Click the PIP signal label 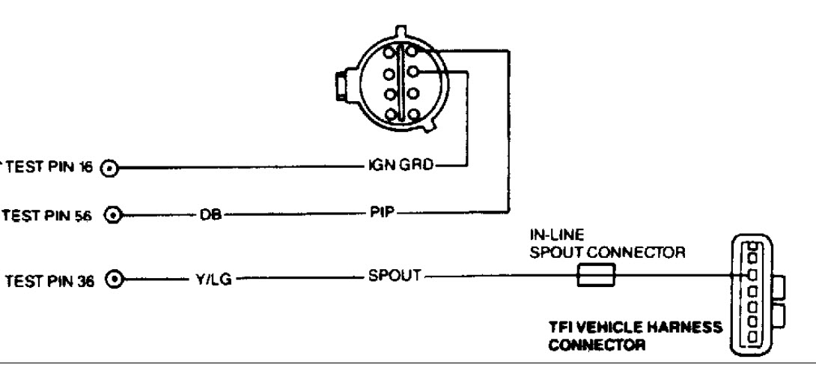(386, 212)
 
